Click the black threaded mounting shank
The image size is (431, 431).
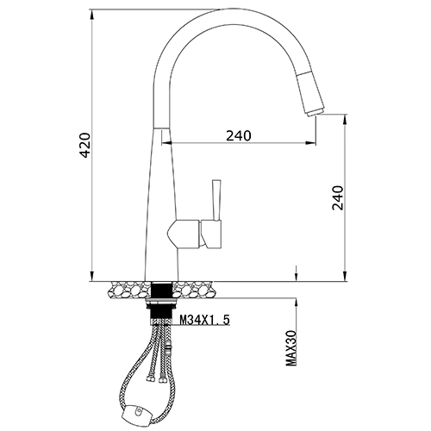[x=163, y=297]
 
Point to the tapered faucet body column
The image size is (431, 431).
[x=163, y=207]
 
